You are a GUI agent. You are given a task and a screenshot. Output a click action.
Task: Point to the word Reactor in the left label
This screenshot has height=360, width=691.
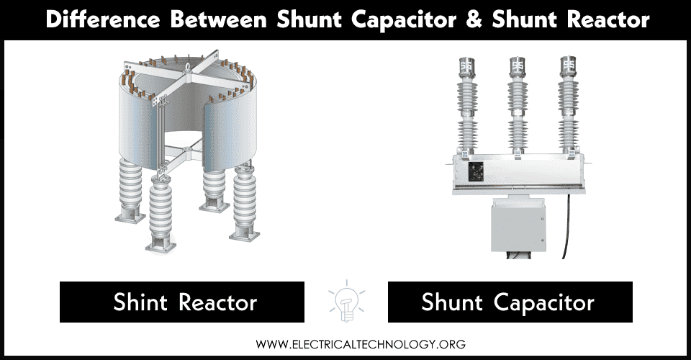pyautogui.click(x=219, y=302)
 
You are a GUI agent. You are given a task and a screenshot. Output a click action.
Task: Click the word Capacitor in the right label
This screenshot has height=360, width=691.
pyautogui.click(x=544, y=302)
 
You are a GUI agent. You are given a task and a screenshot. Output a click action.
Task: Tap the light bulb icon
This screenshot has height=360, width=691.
pyautogui.click(x=345, y=302)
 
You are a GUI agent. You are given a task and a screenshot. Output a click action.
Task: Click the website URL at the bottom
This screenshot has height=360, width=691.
pyautogui.click(x=345, y=344)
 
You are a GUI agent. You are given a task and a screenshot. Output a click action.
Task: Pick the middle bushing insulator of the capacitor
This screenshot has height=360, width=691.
pyautogui.click(x=517, y=108)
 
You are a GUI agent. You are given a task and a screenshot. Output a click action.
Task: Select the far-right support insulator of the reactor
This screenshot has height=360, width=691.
pyautogui.click(x=245, y=209)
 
